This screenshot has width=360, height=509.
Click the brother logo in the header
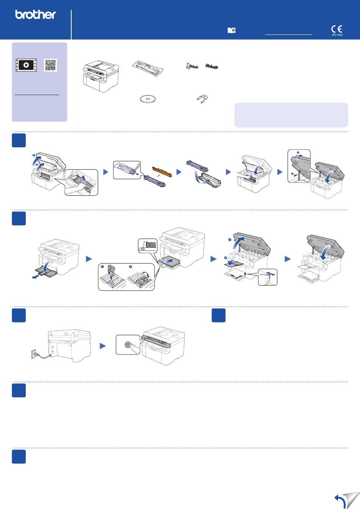point(35,15)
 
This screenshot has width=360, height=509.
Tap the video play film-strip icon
point(26,65)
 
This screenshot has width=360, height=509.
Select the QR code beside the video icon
point(50,65)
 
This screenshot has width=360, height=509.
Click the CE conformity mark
point(337,29)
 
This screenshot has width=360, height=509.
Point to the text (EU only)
point(337,35)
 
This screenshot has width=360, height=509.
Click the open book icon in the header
point(231,31)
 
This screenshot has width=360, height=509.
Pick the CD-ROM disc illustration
point(147,99)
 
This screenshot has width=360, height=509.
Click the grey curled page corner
point(351,500)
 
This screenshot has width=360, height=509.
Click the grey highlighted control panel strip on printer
point(156,340)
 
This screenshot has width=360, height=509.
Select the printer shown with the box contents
point(100,75)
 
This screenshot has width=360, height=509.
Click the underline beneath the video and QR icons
point(37,94)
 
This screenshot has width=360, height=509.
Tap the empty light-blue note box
point(291,115)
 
